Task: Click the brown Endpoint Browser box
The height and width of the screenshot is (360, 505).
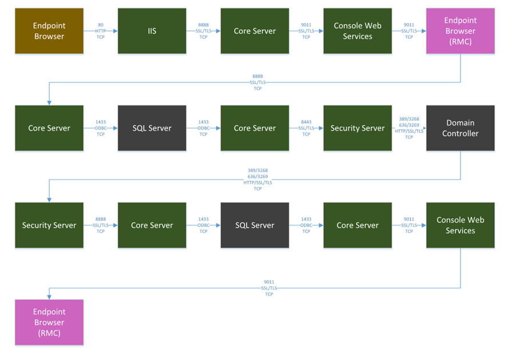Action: point(49,31)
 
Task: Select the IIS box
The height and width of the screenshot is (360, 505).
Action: point(152,31)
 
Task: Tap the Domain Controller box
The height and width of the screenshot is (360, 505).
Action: point(460,128)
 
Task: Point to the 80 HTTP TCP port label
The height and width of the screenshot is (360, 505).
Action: point(101,31)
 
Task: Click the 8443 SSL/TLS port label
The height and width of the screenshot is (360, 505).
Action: point(306,128)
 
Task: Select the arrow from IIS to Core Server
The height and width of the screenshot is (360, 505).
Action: point(203,31)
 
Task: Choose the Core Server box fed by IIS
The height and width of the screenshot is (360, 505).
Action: point(255,31)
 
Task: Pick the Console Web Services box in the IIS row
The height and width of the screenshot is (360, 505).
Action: point(357,31)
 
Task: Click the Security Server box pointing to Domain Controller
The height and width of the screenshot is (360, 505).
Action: point(357,128)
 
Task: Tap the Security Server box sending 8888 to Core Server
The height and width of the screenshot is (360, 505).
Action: point(49,225)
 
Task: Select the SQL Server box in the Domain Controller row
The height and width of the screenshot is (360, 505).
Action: point(152,128)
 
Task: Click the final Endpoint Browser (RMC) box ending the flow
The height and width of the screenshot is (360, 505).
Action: point(49,322)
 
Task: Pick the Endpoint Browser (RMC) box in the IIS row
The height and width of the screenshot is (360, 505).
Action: point(460,31)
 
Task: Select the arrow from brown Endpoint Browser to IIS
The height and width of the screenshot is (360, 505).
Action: point(101,31)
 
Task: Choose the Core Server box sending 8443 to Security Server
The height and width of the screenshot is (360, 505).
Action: point(255,128)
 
